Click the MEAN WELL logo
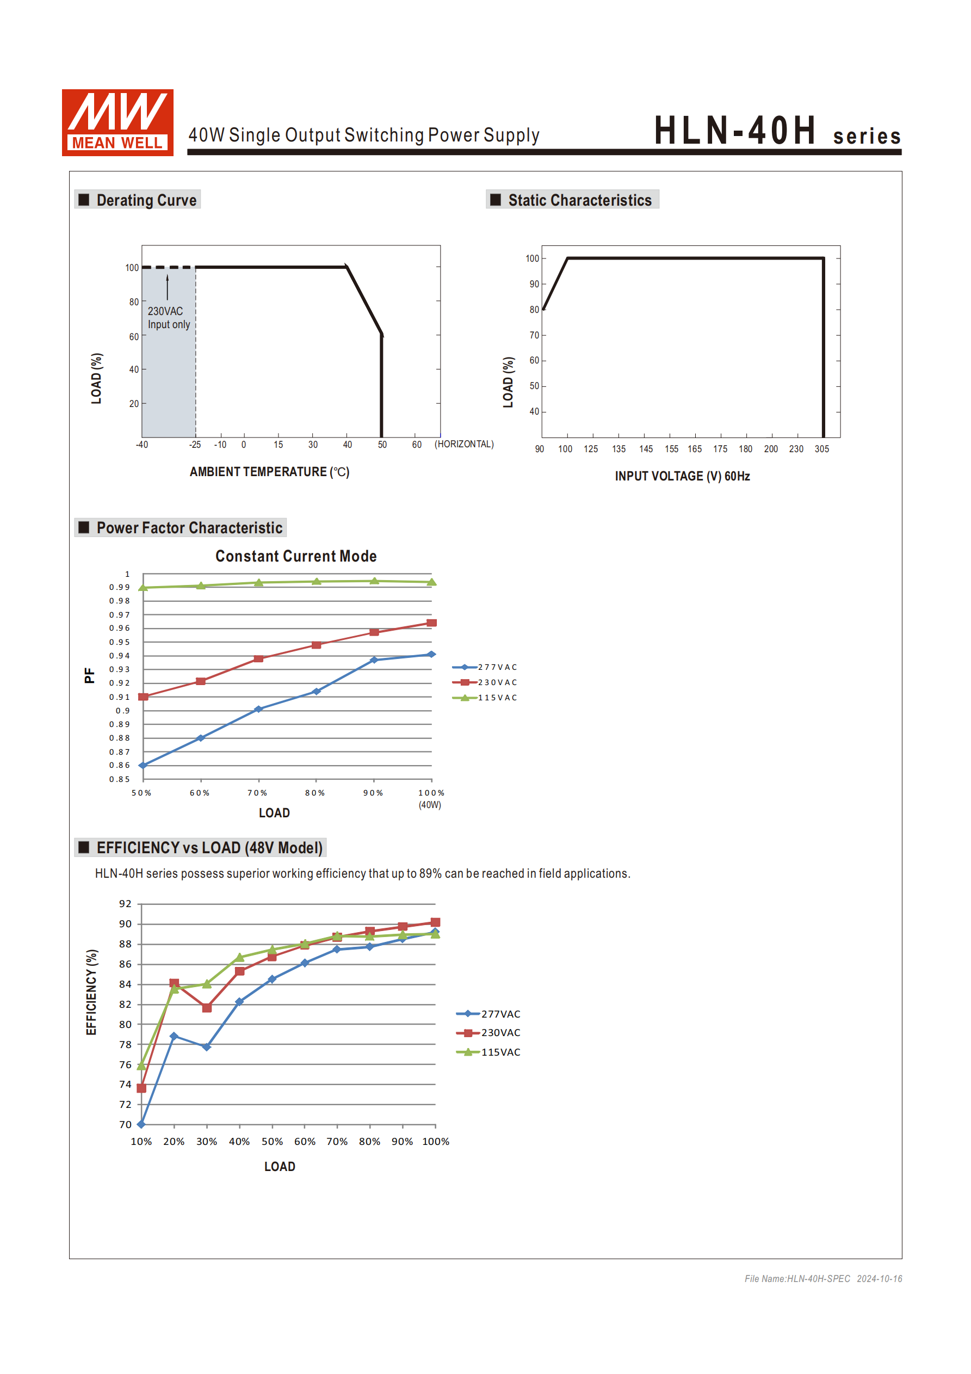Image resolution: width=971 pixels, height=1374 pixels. tap(117, 122)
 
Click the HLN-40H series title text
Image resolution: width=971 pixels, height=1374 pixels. tap(777, 131)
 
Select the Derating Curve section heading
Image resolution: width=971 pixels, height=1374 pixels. tap(146, 200)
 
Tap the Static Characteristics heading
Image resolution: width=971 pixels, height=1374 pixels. tap(579, 200)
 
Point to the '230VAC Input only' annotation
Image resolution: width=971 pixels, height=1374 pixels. tap(168, 318)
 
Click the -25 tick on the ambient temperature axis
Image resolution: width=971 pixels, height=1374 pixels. tap(195, 445)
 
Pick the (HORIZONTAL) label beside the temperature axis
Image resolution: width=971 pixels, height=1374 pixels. tap(463, 444)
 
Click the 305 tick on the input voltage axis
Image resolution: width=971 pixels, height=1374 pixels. tap(821, 449)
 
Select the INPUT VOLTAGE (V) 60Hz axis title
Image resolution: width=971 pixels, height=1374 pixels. tap(682, 476)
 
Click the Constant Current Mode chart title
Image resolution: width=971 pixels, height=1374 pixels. tap(295, 556)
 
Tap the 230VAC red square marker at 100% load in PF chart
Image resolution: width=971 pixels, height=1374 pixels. tap(431, 623)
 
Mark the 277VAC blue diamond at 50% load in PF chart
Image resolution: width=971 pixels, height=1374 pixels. tap(143, 766)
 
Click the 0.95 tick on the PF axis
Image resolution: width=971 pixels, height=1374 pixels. tap(119, 642)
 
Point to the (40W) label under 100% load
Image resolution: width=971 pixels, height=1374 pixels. tap(430, 805)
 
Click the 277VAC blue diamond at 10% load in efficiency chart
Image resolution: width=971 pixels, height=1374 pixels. tap(141, 1124)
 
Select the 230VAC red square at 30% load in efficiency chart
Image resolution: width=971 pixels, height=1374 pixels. tap(206, 1008)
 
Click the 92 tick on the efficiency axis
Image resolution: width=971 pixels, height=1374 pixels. tap(125, 904)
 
